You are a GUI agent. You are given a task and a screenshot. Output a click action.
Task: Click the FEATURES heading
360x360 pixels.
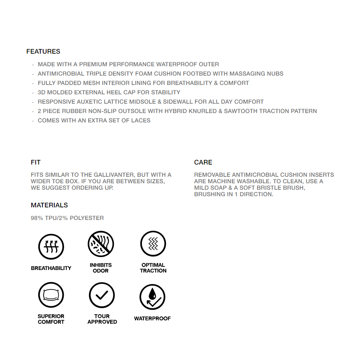coord(43,51)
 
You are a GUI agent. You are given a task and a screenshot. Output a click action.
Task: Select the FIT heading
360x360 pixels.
coord(36,162)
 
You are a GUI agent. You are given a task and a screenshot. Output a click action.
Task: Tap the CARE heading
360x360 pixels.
coord(203,162)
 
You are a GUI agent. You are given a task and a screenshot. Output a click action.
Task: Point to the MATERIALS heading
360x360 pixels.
coord(49,205)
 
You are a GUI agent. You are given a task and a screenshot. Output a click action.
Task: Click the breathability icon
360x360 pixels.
coord(51,247)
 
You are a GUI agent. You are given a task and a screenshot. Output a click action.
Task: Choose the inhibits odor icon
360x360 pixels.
coord(101,244)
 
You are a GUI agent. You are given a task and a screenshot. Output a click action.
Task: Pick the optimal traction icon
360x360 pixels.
coord(153,244)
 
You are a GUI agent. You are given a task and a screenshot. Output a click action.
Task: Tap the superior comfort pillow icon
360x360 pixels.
coord(51,295)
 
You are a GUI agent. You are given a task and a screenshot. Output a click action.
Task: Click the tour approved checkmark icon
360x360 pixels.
coord(102,295)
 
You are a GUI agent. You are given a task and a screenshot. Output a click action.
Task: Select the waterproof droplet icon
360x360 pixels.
coord(152,297)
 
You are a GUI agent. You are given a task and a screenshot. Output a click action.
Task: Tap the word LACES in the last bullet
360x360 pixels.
coord(141,121)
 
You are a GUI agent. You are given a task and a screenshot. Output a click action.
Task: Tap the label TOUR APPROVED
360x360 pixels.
coord(102,319)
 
